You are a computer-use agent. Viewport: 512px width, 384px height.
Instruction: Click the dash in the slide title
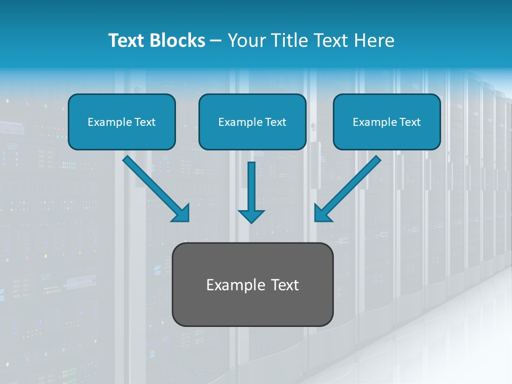pos(216,41)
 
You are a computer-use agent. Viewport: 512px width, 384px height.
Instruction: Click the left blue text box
pos(122,122)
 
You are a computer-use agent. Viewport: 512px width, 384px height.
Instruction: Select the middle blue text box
pos(252,122)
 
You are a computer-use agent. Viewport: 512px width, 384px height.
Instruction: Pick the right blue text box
pos(387,122)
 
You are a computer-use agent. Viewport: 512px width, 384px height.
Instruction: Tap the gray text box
pos(252,284)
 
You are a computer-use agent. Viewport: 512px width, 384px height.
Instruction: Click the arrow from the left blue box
pos(155,188)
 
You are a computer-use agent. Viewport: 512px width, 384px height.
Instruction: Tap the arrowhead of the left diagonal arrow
pos(181,213)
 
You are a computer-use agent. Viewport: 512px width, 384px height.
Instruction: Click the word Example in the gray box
pos(233,285)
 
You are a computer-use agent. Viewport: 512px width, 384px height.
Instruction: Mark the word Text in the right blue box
pos(409,122)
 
